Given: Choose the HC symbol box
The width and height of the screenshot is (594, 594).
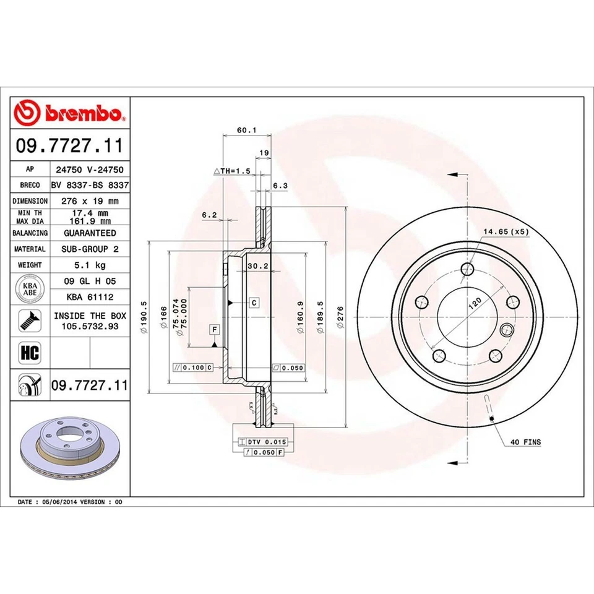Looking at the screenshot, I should tap(30, 353).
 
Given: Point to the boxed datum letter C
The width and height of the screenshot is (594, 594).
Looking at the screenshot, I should tap(254, 303).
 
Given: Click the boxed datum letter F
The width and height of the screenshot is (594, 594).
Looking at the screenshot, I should tap(214, 329).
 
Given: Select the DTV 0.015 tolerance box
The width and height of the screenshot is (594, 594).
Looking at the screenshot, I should tap(262, 442).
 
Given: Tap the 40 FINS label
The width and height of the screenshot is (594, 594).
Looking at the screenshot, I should tap(526, 442).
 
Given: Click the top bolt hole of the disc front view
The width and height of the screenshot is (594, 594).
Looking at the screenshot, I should tap(467, 270).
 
